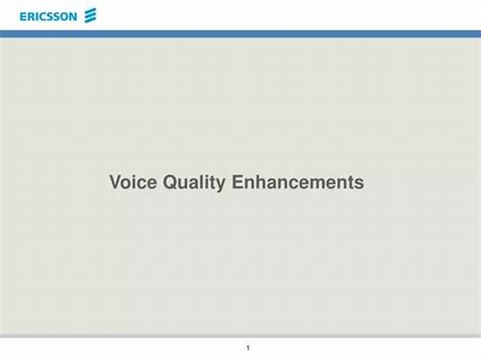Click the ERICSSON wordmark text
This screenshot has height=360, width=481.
click(x=48, y=17)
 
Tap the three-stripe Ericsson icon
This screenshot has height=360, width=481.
click(x=91, y=15)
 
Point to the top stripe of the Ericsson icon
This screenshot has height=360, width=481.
click(x=91, y=11)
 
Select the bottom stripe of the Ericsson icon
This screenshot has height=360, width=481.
click(x=91, y=20)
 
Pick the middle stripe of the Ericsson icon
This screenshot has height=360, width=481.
click(x=91, y=15)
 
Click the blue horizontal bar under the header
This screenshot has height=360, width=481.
click(x=240, y=34)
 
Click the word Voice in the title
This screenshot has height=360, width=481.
click(x=133, y=182)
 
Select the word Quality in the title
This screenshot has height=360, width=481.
click(x=194, y=183)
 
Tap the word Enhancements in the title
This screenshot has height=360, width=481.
click(x=298, y=182)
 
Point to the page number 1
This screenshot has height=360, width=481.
click(x=248, y=348)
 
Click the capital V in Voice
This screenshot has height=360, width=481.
click(x=115, y=182)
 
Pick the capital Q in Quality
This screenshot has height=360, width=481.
click(x=170, y=182)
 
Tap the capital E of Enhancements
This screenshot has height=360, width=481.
click(x=238, y=182)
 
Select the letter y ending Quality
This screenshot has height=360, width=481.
click(x=221, y=185)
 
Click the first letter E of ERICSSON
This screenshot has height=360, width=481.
click(x=23, y=17)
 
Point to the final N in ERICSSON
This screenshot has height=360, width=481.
click(x=73, y=17)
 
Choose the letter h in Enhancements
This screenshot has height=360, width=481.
click(x=262, y=182)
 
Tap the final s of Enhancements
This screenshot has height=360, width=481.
click(x=360, y=184)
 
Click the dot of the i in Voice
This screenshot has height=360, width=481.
click(x=137, y=176)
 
